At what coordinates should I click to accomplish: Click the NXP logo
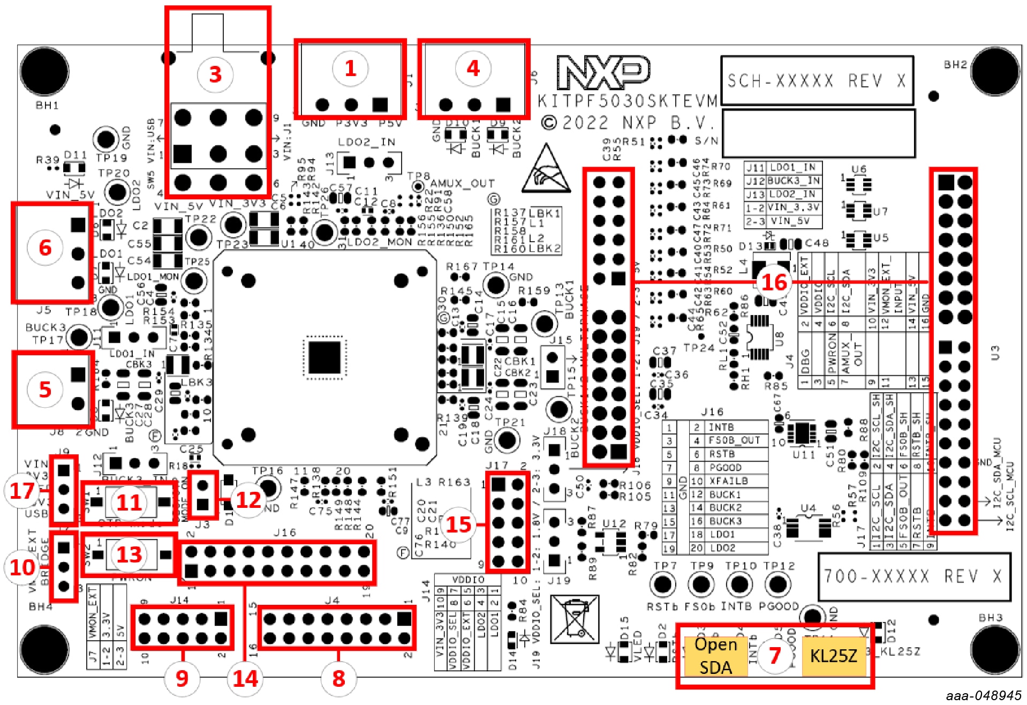click(x=603, y=72)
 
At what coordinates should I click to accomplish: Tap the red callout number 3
click(x=215, y=74)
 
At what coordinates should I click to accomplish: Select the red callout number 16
click(x=774, y=282)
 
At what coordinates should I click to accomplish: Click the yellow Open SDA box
click(x=715, y=656)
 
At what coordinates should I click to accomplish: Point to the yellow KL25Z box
click(x=833, y=656)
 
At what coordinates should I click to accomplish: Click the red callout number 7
click(x=774, y=656)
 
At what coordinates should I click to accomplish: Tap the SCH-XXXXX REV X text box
click(x=817, y=81)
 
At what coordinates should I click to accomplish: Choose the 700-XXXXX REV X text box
click(x=913, y=576)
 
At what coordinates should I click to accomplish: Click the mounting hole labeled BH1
click(x=45, y=72)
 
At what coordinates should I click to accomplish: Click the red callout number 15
click(x=458, y=524)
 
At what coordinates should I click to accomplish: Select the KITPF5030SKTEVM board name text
click(x=627, y=101)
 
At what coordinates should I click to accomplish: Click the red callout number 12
click(x=248, y=500)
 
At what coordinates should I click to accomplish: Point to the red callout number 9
click(x=182, y=678)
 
